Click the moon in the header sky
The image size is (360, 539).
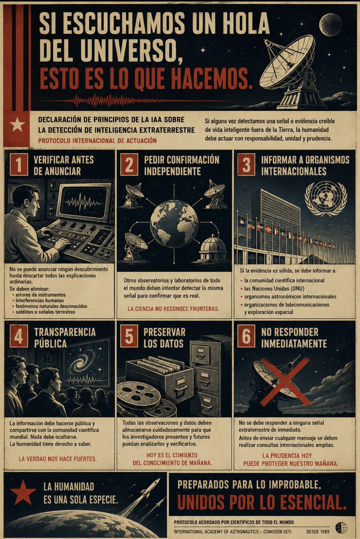(x=331, y=25)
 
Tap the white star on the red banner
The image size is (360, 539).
(x=18, y=125)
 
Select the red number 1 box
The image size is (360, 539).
(x=19, y=165)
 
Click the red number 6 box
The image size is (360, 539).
(x=246, y=336)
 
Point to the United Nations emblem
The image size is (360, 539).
(x=325, y=199)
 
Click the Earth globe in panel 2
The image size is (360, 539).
(x=174, y=224)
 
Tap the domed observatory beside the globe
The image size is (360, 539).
(x=213, y=247)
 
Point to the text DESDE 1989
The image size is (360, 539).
(x=318, y=531)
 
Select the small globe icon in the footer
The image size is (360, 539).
(x=341, y=527)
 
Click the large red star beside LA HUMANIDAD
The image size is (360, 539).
(x=23, y=492)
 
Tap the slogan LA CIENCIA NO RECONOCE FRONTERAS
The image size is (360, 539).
(x=173, y=309)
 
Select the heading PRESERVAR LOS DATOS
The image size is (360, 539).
(x=164, y=338)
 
